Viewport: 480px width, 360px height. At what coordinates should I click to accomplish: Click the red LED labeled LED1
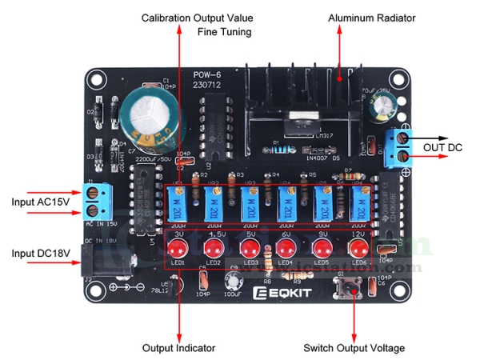click(178, 246)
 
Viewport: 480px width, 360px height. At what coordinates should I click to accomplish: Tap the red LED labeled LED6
click(358, 246)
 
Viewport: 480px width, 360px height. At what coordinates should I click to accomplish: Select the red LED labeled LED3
click(250, 246)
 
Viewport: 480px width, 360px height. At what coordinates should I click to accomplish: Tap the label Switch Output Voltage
click(354, 348)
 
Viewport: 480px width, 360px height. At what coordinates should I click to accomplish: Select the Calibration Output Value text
click(198, 18)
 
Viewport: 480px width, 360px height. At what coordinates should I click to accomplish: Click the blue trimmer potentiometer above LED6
click(358, 204)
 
